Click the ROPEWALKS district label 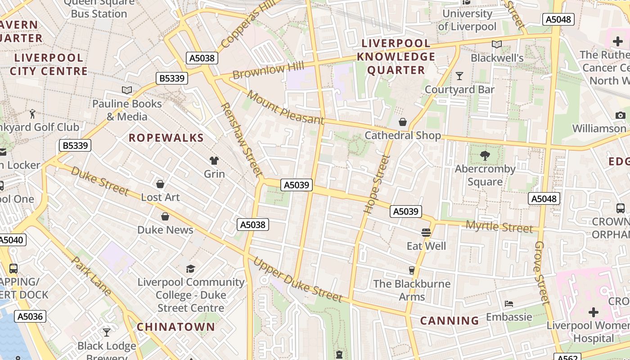tap(166, 138)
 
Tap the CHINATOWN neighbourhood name tap(176, 327)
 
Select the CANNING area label tap(450, 321)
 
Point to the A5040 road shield tap(11, 240)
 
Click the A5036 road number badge tap(30, 316)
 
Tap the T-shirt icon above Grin tap(214, 161)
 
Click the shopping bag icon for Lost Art tap(160, 184)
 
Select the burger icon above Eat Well tap(426, 233)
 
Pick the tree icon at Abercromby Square tap(485, 156)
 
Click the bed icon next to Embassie tap(509, 303)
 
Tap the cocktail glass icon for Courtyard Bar tap(459, 76)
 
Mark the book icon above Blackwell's tap(497, 45)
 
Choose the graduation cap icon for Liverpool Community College tap(191, 269)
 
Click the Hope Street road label tap(376, 184)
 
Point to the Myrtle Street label tap(499, 227)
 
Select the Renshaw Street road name tap(242, 139)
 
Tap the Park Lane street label tap(91, 276)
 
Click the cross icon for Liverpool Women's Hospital tap(594, 312)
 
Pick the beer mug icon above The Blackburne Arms tap(411, 270)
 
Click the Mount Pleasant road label tap(285, 108)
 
